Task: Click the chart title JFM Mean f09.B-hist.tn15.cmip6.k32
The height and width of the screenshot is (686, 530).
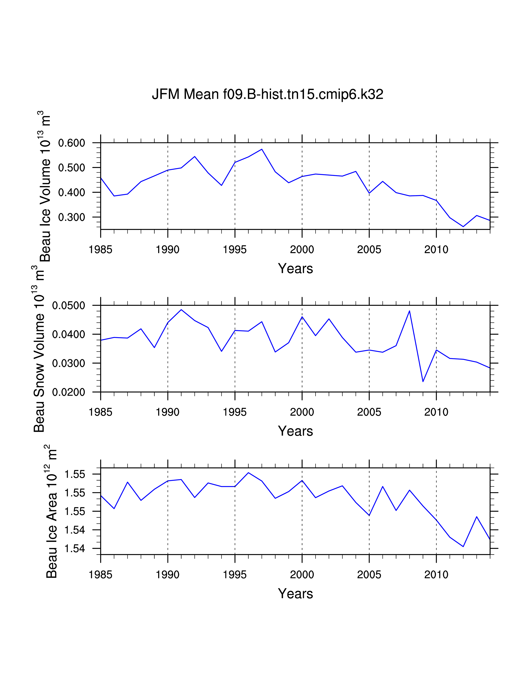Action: click(x=267, y=94)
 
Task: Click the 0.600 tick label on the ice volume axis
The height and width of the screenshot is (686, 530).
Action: click(x=71, y=143)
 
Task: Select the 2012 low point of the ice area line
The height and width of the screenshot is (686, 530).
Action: click(x=463, y=547)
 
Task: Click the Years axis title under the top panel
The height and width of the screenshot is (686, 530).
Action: click(x=295, y=269)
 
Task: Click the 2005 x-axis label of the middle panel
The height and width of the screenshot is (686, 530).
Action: click(x=369, y=412)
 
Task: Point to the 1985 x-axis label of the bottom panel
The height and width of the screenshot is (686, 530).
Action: click(x=100, y=575)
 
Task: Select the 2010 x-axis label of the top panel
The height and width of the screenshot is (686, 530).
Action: click(x=436, y=250)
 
